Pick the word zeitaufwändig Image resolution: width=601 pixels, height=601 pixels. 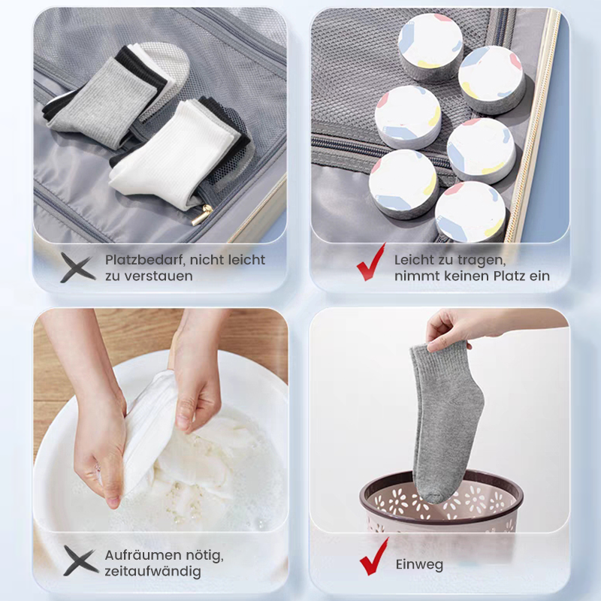click(153, 572)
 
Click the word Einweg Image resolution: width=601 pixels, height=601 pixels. click(419, 565)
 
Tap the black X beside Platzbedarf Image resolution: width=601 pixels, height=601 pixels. click(77, 267)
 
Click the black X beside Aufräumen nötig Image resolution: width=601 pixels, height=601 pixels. click(80, 560)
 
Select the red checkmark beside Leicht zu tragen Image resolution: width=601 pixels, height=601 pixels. click(370, 262)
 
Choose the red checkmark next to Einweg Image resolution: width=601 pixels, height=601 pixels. click(373, 557)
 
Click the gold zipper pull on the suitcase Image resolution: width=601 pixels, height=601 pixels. click(202, 215)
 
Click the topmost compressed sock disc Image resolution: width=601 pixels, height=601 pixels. click(430, 46)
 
